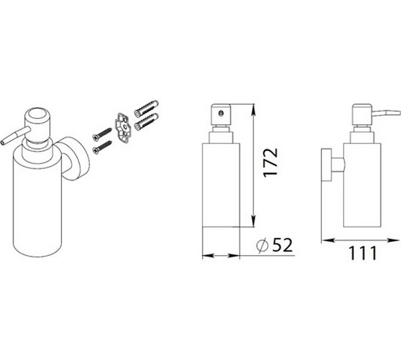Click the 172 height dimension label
[270, 162]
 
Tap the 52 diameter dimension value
[282, 245]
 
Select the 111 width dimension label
[363, 253]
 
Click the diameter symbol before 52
[262, 246]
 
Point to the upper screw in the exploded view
[102, 134]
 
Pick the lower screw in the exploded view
[102, 148]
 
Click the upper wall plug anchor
[146, 108]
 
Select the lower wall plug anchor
[146, 121]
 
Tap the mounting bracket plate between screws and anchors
[123, 128]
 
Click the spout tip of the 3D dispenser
[2, 142]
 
